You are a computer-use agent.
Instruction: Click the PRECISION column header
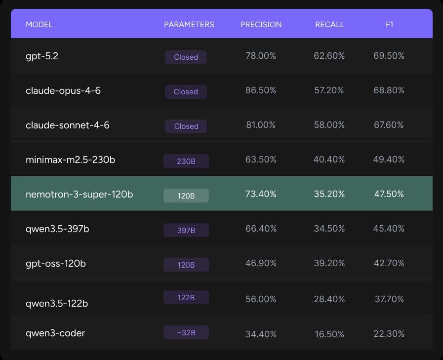[x=261, y=24]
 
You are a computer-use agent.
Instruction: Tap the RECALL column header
[x=329, y=24]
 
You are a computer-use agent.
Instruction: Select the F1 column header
[x=389, y=24]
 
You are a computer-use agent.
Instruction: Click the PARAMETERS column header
[x=189, y=24]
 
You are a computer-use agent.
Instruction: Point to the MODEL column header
[x=39, y=24]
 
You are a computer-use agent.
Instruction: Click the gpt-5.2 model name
[x=42, y=56]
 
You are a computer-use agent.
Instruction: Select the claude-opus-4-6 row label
[x=63, y=91]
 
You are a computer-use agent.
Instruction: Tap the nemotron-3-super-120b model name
[x=79, y=195]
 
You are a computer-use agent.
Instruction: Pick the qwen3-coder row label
[x=55, y=333]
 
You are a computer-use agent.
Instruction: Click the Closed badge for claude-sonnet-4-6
[x=186, y=126]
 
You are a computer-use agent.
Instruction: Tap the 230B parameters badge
[x=186, y=161]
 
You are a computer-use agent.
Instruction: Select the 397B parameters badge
[x=186, y=230]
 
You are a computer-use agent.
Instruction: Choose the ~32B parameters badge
[x=186, y=333]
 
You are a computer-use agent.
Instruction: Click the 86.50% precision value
[x=261, y=90]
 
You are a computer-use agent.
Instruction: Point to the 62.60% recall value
[x=329, y=56]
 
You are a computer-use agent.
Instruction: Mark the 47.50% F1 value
[x=389, y=194]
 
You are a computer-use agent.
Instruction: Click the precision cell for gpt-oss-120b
[x=261, y=263]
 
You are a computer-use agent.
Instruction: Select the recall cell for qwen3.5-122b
[x=329, y=299]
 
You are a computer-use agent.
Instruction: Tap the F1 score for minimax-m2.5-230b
[x=389, y=160]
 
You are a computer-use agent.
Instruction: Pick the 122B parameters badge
[x=186, y=297]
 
